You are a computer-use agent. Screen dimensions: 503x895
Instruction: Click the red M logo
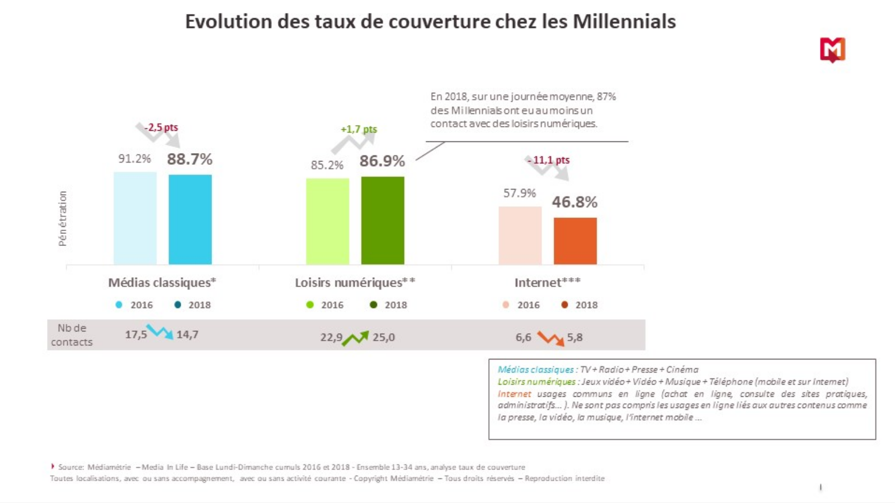click(x=832, y=50)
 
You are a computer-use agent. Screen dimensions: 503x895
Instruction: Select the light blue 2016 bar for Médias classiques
click(x=135, y=218)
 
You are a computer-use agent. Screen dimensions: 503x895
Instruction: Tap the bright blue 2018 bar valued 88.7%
click(x=190, y=219)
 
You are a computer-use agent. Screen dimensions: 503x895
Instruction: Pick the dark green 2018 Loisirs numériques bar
click(x=383, y=220)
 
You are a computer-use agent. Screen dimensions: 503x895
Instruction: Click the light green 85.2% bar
click(x=327, y=221)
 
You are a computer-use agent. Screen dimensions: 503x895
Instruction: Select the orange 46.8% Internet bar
click(x=575, y=241)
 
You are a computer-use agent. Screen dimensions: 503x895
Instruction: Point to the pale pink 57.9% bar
click(x=520, y=235)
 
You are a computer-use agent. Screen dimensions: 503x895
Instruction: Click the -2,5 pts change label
click(x=161, y=127)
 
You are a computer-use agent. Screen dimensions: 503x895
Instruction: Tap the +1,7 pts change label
click(x=359, y=129)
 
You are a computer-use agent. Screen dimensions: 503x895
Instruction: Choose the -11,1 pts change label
click(x=548, y=160)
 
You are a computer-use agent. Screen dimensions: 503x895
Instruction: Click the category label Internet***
click(x=547, y=282)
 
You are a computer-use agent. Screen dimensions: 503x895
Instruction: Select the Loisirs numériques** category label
click(x=355, y=282)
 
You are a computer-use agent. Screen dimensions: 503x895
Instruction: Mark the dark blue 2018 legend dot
click(x=178, y=305)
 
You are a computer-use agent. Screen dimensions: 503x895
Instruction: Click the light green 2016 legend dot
click(x=310, y=305)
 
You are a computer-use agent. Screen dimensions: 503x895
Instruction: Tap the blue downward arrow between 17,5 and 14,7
click(x=160, y=332)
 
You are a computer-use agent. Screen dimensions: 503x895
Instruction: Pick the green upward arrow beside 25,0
click(x=356, y=338)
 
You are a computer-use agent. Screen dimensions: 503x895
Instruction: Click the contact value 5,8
click(x=574, y=337)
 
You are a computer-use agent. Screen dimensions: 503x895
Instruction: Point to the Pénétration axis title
click(x=63, y=218)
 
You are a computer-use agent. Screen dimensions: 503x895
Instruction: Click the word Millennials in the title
click(x=624, y=21)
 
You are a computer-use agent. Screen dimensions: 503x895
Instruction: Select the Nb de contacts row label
click(x=72, y=335)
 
